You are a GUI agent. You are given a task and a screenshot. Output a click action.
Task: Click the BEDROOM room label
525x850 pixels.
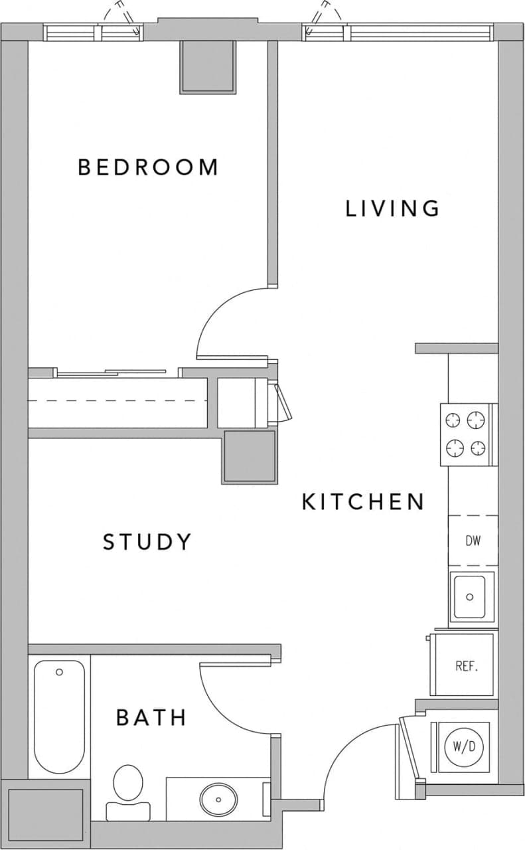[x=147, y=167]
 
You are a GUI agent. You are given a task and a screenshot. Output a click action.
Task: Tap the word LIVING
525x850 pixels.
[x=392, y=209]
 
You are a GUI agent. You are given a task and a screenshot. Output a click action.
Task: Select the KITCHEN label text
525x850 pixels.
[x=363, y=502]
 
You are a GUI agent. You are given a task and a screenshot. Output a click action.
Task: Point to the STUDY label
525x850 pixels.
[x=147, y=542]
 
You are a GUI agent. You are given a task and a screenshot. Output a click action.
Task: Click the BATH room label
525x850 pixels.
[x=151, y=718]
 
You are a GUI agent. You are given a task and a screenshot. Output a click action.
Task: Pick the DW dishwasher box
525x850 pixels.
[x=473, y=541]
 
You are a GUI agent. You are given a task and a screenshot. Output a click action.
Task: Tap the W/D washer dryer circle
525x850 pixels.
[x=464, y=746]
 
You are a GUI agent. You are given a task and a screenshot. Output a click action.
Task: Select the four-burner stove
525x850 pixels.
[x=467, y=435]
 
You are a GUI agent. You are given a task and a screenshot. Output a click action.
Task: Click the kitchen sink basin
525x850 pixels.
[x=469, y=596]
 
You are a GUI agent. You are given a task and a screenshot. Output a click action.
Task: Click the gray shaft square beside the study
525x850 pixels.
[x=249, y=456]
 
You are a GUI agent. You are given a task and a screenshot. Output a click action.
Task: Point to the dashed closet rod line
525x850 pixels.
[x=119, y=400]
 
